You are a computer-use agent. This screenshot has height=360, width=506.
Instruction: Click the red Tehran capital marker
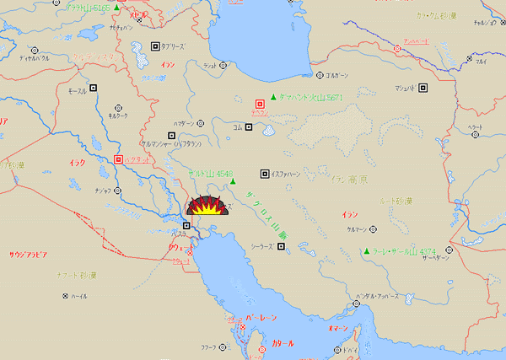(x=260, y=102)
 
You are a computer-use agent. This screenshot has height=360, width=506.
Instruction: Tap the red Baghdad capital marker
(x=118, y=159)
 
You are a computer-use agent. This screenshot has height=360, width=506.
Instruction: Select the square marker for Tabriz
(x=154, y=46)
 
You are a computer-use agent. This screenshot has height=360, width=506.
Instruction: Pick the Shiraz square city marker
(x=281, y=247)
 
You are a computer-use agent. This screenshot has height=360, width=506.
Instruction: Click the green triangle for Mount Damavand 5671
(x=273, y=95)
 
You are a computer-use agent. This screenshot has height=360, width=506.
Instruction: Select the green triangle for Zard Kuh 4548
(x=233, y=182)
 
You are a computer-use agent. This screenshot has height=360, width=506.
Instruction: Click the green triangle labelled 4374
(x=367, y=250)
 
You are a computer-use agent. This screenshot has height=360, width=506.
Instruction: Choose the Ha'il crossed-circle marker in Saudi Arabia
(x=65, y=296)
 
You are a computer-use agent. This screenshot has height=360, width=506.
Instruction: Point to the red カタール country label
(x=283, y=343)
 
